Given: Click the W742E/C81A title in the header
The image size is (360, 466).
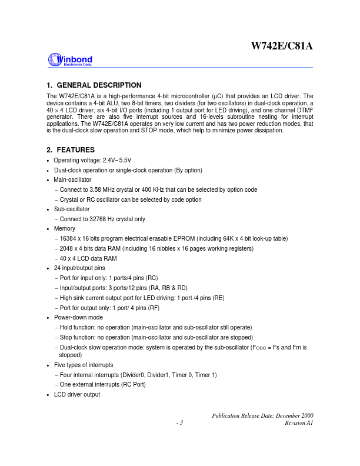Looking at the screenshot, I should click(x=282, y=46).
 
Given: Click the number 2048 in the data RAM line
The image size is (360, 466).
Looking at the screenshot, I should click(x=66, y=248).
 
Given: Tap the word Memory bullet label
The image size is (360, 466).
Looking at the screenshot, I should click(x=65, y=229).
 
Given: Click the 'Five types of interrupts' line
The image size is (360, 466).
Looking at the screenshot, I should click(x=83, y=365).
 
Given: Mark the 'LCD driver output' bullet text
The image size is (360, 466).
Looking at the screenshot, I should click(x=76, y=394).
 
